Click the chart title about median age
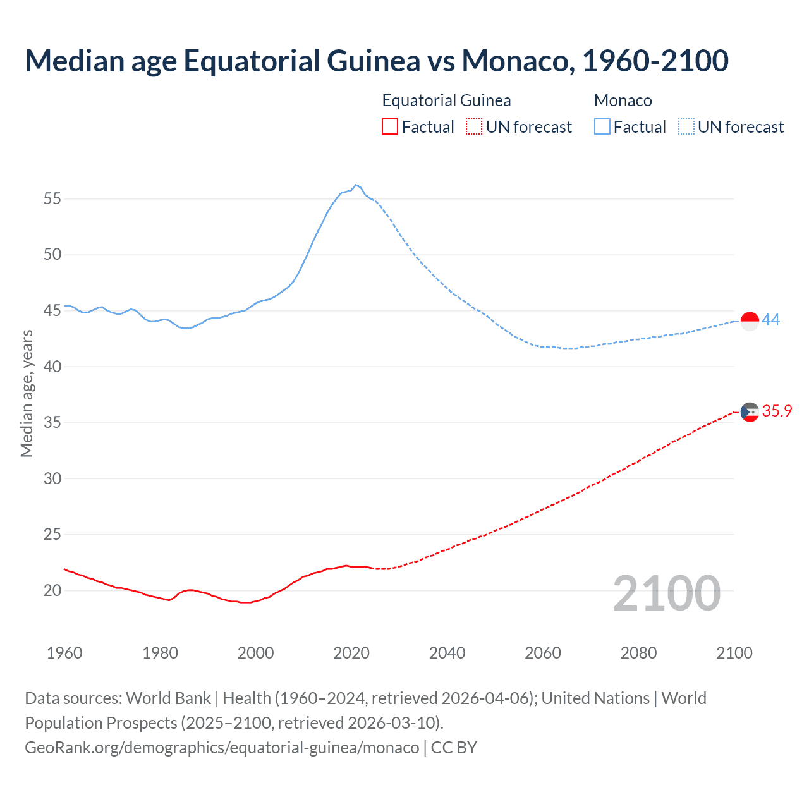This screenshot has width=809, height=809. pos(377,61)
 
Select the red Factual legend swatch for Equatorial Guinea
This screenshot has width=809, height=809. pos(390,127)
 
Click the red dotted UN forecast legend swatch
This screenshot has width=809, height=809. pos(474,127)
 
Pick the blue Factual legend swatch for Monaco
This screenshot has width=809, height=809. pos(602,127)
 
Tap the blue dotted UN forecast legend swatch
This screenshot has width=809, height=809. pos(686,127)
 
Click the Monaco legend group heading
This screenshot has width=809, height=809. pos(623,100)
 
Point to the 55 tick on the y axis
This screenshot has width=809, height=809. pos(52,198)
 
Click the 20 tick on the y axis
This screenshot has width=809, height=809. pos(52,590)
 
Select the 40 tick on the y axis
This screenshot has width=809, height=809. pos(52,367)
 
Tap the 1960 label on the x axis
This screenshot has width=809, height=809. pos(64,653)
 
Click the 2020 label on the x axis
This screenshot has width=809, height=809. pos(351,653)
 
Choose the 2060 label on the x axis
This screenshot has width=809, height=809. pos(543,653)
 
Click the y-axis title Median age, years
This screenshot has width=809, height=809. pos(27,393)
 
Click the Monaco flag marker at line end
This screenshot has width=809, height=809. pos(750,321)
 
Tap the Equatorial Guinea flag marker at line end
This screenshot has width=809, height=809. pos(750,411)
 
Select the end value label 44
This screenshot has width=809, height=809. pos(770,320)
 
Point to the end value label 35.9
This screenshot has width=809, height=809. pos(777,411)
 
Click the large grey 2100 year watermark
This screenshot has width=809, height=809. pos(666,593)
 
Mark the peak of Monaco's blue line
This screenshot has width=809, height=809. pos(356,185)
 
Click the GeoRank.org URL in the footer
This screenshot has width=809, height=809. pos(222,748)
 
